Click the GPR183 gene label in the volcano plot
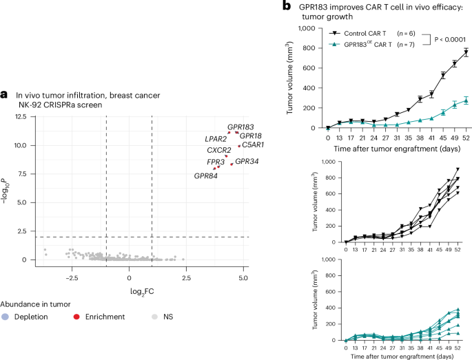tap(240, 127)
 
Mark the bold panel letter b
tap(287, 6)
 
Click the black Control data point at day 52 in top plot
tap(466, 52)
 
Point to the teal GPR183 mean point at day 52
tap(466, 100)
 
